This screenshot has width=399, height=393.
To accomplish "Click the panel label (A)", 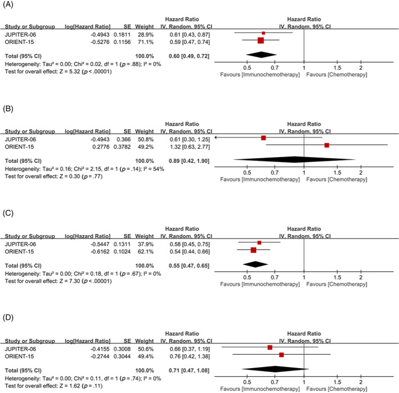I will coord(10,6).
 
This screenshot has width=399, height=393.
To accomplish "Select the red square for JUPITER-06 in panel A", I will coord(263,33).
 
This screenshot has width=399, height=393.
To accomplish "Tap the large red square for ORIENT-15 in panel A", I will coord(261,41).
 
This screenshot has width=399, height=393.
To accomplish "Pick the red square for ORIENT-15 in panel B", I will coord(326,145).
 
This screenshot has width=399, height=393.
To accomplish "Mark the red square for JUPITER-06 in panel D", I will coord(270,348).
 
